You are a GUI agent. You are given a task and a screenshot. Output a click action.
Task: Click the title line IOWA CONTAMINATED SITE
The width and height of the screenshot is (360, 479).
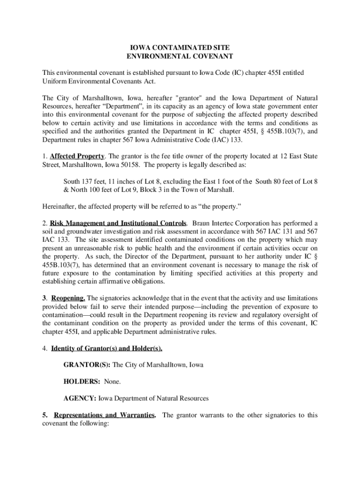pyautogui.click(x=180, y=48)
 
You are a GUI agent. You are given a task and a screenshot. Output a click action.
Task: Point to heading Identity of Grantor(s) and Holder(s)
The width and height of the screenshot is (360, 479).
pyautogui.click(x=107, y=348)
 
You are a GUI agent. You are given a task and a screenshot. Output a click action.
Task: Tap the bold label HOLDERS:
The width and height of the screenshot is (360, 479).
pyautogui.click(x=82, y=382)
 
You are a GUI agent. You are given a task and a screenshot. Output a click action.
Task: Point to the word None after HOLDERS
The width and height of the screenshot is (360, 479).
pyautogui.click(x=112, y=382)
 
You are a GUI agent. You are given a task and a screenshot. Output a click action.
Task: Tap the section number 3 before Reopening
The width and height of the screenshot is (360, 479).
pyautogui.click(x=44, y=298)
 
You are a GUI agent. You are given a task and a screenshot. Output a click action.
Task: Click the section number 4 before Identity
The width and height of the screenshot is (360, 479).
pyautogui.click(x=44, y=348)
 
